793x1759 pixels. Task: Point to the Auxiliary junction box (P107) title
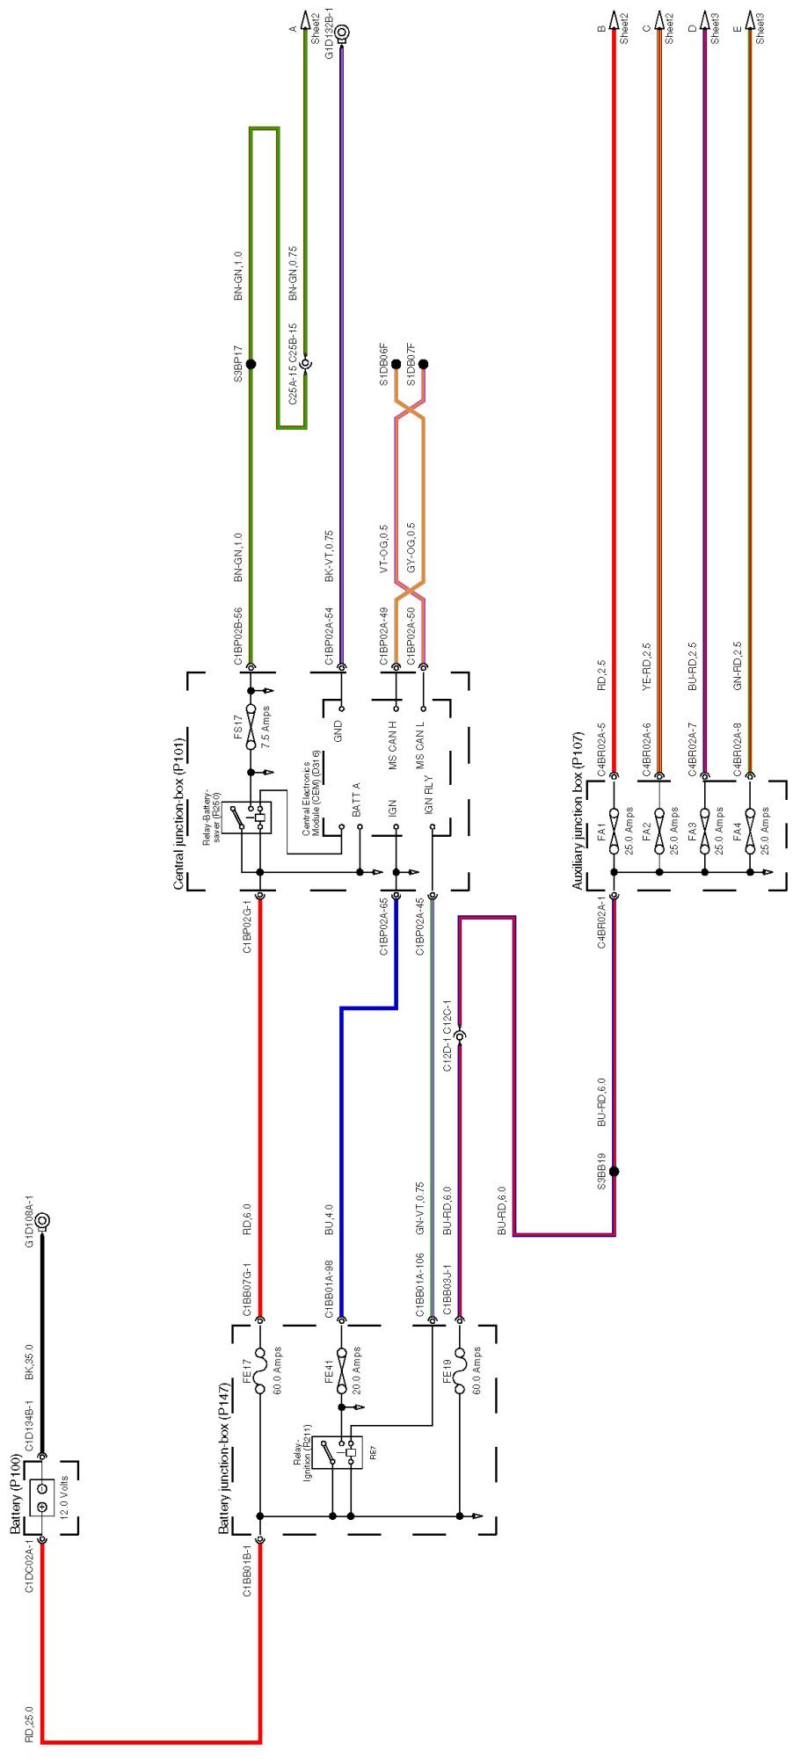578,810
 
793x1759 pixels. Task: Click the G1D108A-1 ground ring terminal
41,1221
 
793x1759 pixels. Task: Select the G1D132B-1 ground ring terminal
342,34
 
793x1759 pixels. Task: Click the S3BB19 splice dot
614,1171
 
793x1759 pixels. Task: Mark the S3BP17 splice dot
251,363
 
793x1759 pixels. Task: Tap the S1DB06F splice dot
396,363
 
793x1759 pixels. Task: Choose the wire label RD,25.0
29,1723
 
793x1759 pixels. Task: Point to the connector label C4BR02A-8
738,749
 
